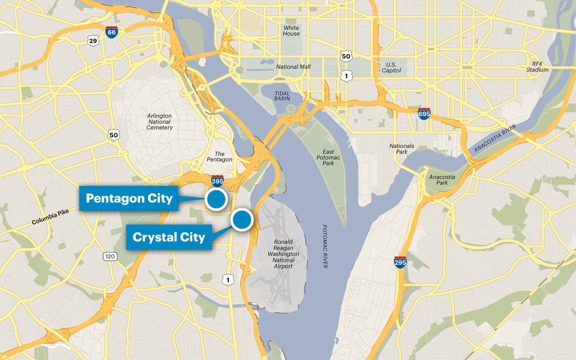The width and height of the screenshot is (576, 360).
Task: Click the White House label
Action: tap(291, 30)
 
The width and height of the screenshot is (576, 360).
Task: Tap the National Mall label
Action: tap(293, 67)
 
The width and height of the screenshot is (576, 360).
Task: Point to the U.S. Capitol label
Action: tap(391, 67)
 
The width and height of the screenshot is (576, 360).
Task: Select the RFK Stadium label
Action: tap(537, 66)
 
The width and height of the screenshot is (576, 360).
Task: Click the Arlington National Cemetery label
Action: tap(159, 121)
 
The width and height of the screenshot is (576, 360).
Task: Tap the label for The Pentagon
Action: tap(219, 156)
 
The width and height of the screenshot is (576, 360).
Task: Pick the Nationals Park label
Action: tap(402, 149)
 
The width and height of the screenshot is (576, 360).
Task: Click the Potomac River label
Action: tap(325, 246)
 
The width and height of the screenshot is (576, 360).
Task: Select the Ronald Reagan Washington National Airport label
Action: tap(283, 254)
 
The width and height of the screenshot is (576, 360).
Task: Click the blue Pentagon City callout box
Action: tap(129, 199)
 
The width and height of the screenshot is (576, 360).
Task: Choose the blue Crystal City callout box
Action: tap(168, 237)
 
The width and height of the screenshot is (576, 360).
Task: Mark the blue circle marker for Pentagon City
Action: tap(215, 199)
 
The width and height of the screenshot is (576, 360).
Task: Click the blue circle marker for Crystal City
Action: tap(242, 219)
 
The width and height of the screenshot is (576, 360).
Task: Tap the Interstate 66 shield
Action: tap(111, 33)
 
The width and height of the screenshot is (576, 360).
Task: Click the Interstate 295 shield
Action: tap(400, 262)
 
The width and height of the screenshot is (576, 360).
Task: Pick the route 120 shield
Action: tap(110, 256)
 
